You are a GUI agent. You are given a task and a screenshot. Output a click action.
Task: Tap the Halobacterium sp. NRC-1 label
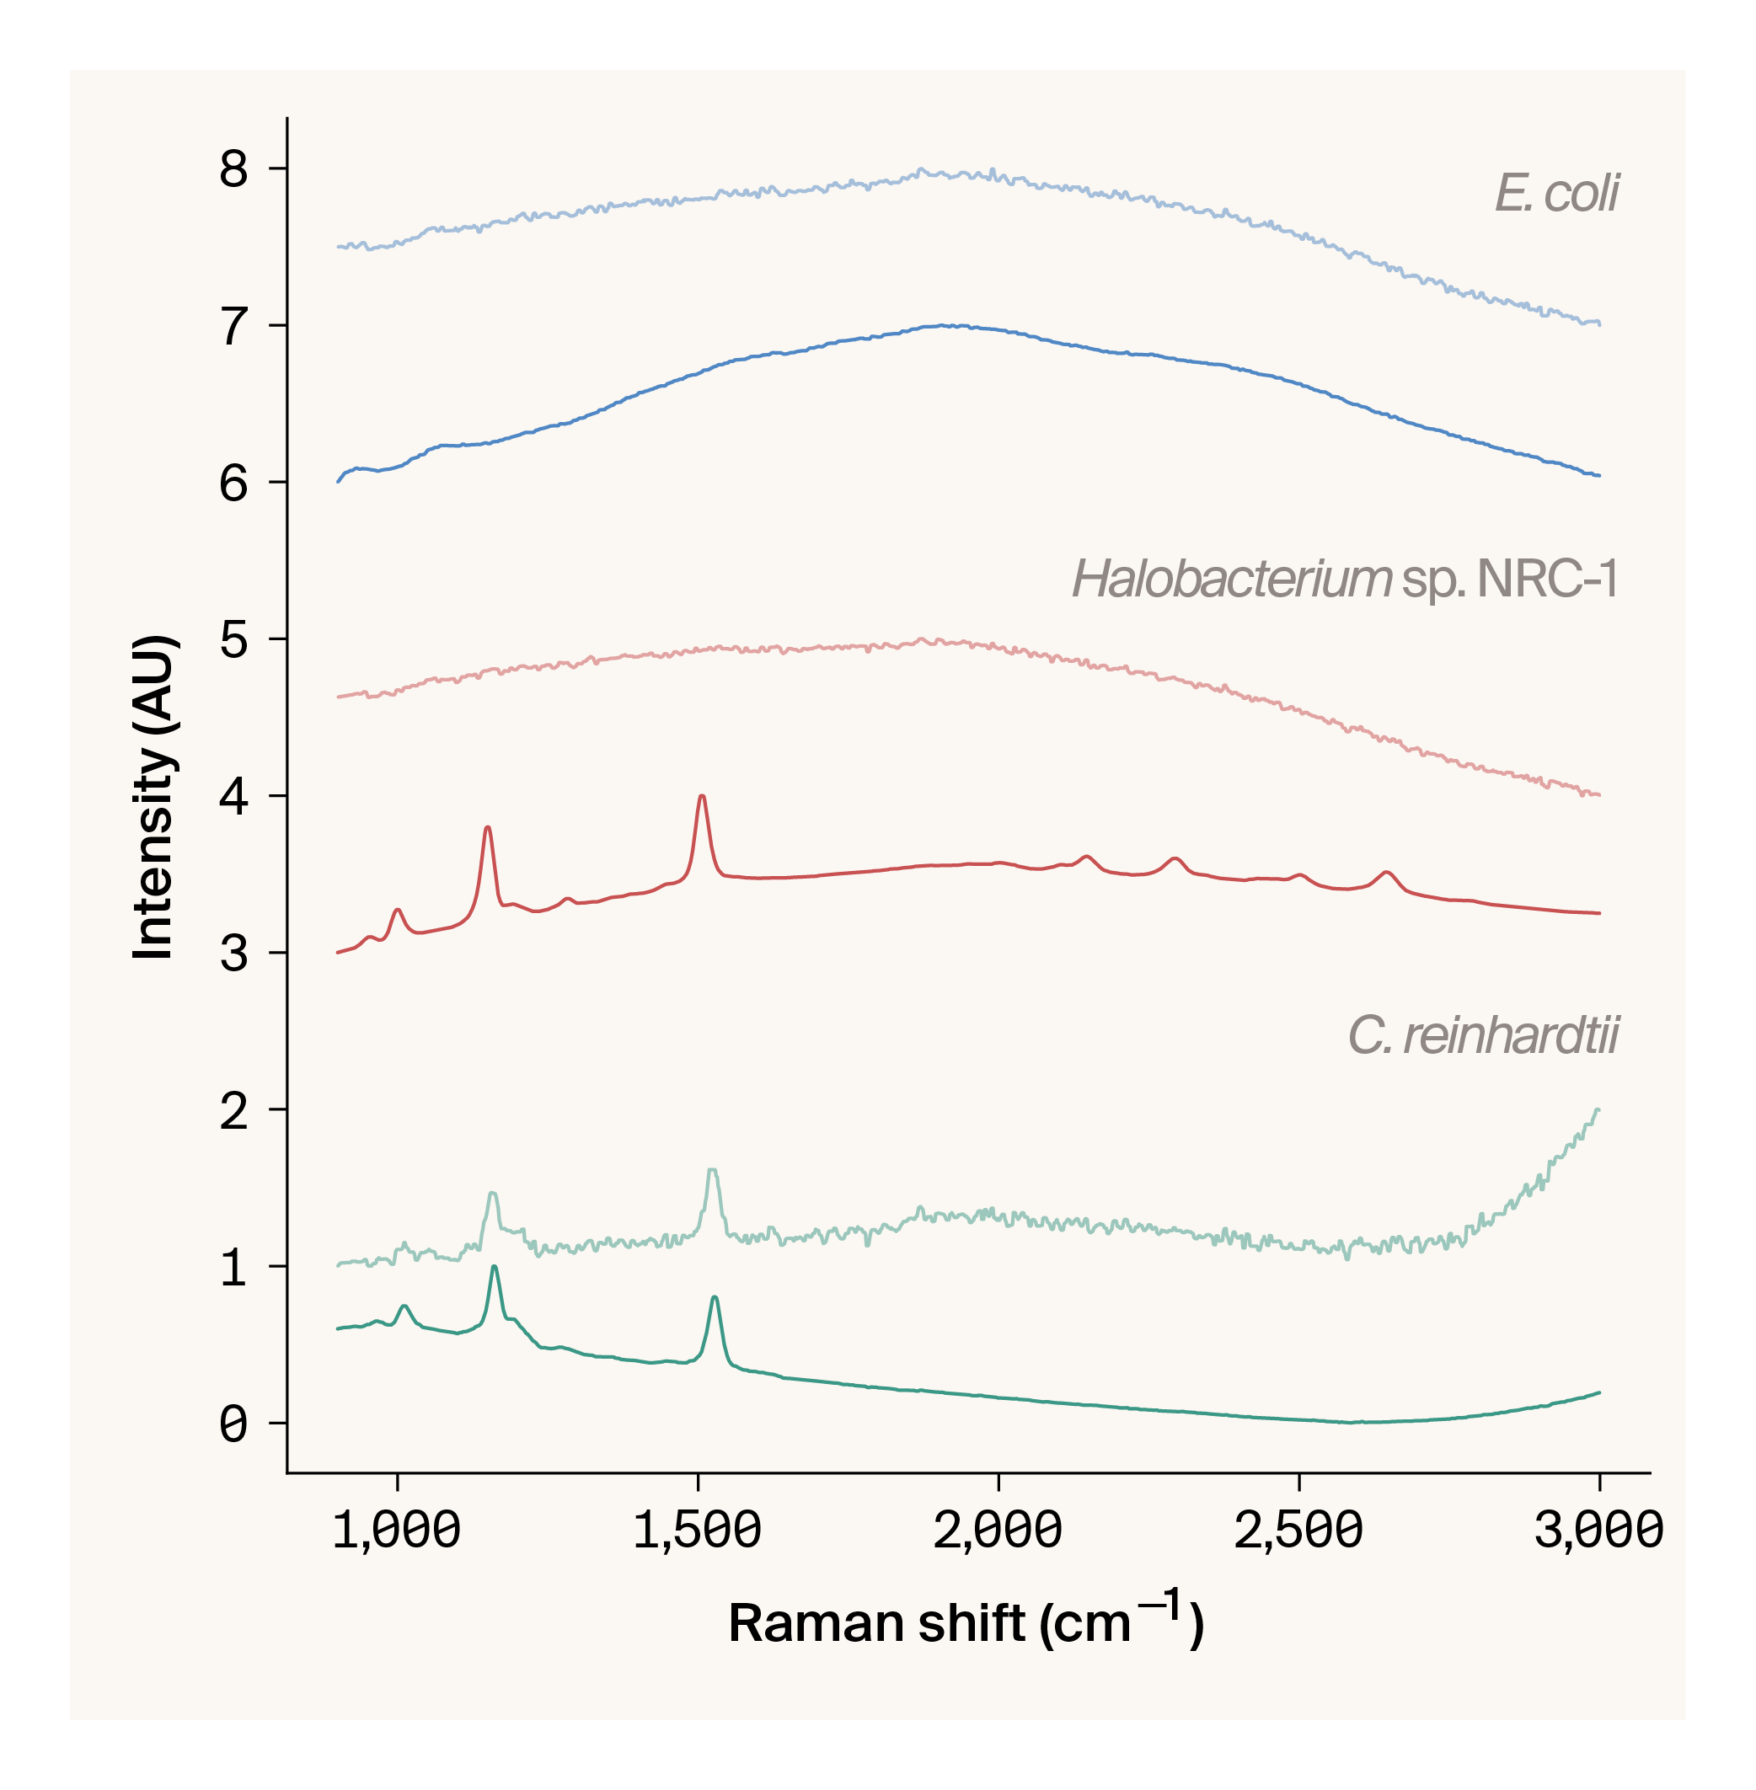(x=1344, y=580)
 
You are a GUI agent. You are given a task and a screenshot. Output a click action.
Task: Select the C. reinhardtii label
(x=1483, y=1034)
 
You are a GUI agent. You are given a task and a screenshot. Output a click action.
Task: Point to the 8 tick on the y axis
(x=233, y=169)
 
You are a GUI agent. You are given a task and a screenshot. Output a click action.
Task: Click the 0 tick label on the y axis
(x=233, y=1424)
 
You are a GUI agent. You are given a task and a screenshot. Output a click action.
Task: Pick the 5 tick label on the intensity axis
(x=233, y=640)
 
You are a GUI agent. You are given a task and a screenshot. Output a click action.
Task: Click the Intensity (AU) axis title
(x=153, y=797)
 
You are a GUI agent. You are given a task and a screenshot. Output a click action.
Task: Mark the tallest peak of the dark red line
(x=702, y=796)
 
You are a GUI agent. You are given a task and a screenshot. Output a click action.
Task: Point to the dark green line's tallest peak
(x=495, y=1267)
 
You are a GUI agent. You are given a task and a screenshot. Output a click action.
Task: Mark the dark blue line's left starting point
(x=338, y=481)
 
